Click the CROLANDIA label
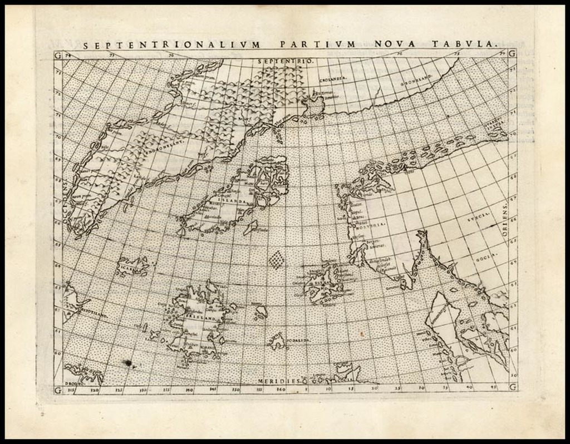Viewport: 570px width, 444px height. coord(331,78)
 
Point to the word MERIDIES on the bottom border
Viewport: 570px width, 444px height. coord(278,381)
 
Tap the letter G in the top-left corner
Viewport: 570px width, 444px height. coord(58,54)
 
